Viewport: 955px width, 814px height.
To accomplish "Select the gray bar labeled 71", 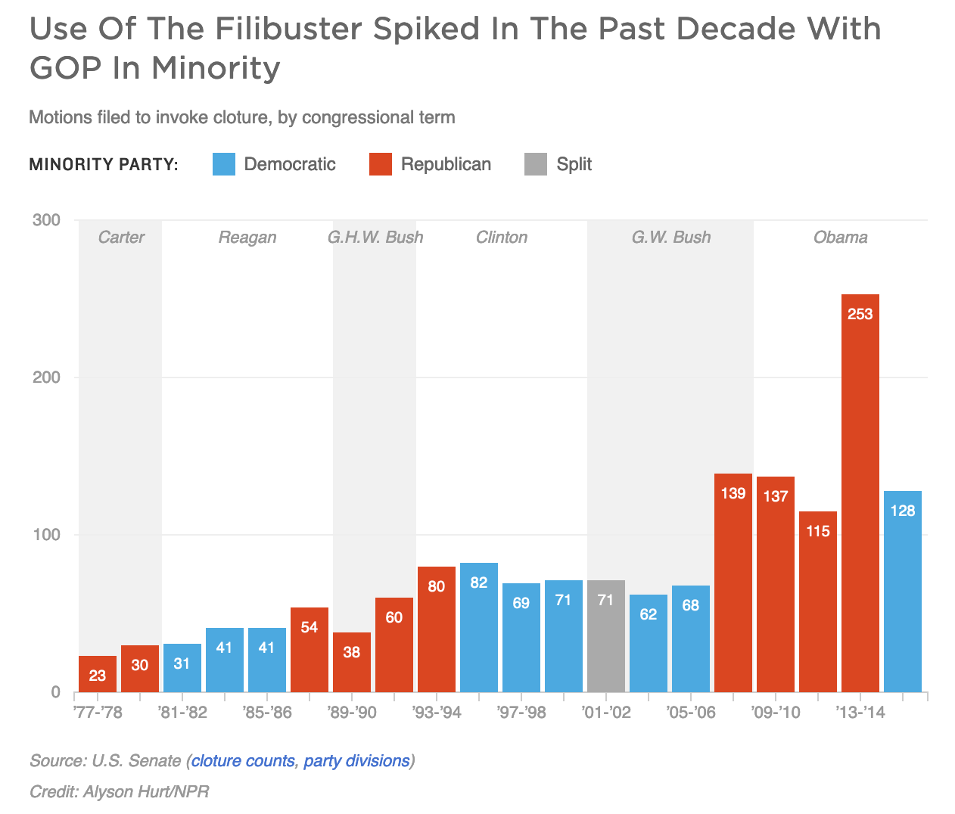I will coord(605,635).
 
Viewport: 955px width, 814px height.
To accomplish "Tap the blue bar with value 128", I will coord(902,590).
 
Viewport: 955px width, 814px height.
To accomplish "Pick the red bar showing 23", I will coord(98,674).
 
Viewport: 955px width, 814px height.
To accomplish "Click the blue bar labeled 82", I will coord(478,627).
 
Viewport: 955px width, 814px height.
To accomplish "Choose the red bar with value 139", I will coord(733,583).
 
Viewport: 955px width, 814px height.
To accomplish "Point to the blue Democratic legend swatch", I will coord(224,164).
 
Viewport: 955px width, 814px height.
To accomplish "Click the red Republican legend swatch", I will coord(381,164).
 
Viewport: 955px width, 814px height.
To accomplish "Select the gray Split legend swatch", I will coord(536,164).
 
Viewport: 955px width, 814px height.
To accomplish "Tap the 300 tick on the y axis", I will coord(46,220).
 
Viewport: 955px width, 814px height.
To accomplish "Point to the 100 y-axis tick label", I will coord(46,535).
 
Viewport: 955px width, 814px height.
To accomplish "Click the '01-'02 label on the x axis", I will coord(605,713).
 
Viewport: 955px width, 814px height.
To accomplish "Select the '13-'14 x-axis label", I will coord(860,713).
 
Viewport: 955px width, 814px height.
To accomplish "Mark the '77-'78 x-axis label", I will coord(98,713).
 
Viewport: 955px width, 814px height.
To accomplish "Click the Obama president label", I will coord(840,238).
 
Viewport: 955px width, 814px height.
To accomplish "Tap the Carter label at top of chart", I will coord(121,238).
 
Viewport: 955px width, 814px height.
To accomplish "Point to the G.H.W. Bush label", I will coord(375,238).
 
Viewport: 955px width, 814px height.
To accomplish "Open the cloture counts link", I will coord(243,760).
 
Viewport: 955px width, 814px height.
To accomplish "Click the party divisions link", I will coord(356,760).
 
